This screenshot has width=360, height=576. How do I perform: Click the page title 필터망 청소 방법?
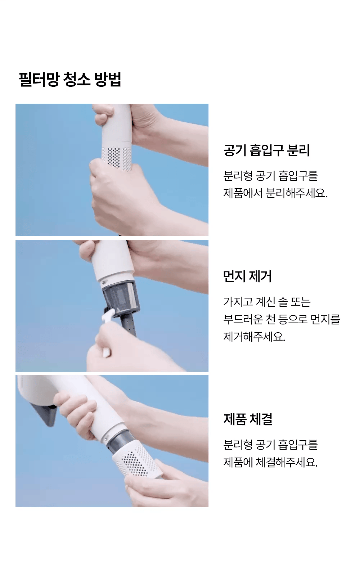pos(70,80)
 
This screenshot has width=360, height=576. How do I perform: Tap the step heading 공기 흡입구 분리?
pos(267,150)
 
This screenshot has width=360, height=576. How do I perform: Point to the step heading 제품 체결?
pos(248,419)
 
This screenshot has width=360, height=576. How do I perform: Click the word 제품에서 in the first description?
pos(243,193)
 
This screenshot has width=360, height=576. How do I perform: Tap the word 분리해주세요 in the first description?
pos(297,193)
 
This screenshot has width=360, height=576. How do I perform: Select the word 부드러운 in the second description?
pos(243,319)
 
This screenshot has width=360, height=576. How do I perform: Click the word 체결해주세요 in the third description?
pos(287,462)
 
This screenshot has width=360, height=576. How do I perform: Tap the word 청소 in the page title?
pos(77,80)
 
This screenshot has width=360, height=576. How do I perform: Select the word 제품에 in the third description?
pos(238,462)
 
